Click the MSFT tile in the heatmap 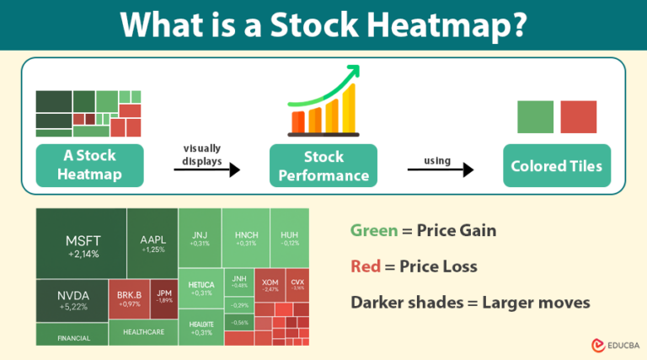pos(81,244)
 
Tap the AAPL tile pos(152,243)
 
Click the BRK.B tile pos(129,298)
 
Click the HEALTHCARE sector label pos(143,332)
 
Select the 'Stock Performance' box pos(323,165)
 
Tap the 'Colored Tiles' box pos(557,166)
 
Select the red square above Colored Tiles pos(578,116)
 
